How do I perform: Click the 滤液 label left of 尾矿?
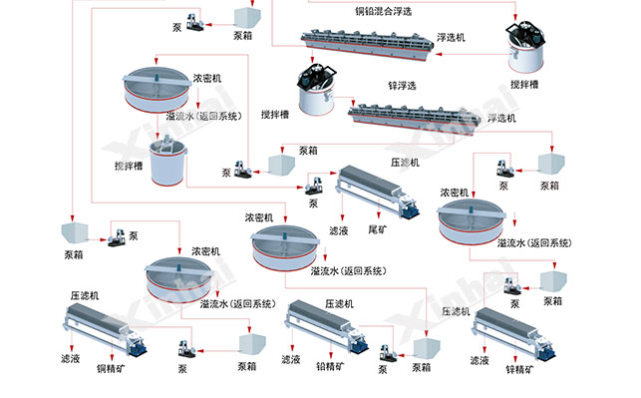[x=337, y=228]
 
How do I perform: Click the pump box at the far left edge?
[x=73, y=234]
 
